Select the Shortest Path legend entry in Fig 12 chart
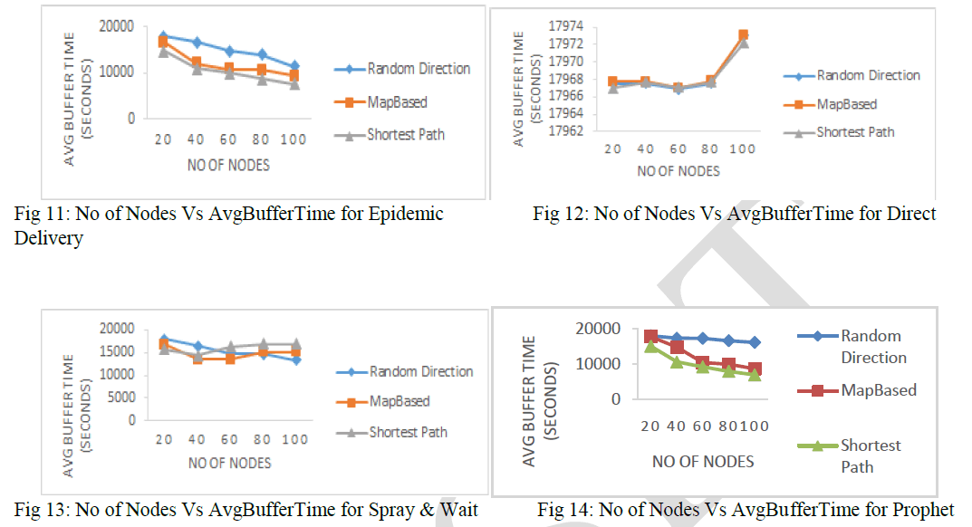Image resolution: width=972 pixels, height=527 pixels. [x=855, y=132]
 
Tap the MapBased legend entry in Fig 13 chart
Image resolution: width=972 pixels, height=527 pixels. [x=399, y=401]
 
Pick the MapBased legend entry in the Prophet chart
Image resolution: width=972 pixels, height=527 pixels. [x=879, y=390]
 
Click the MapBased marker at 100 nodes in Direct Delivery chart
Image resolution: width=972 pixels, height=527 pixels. [x=743, y=35]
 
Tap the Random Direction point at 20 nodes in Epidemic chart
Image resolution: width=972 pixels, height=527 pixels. [x=163, y=36]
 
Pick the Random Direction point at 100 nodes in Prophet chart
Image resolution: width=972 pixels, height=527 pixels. [x=754, y=342]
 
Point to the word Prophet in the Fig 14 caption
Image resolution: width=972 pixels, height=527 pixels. [x=926, y=510]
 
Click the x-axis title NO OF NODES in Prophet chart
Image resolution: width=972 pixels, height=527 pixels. [x=703, y=462]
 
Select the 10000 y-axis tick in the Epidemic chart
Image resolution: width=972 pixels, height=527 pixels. [x=118, y=72]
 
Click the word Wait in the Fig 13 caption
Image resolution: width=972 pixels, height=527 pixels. [x=458, y=510]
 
